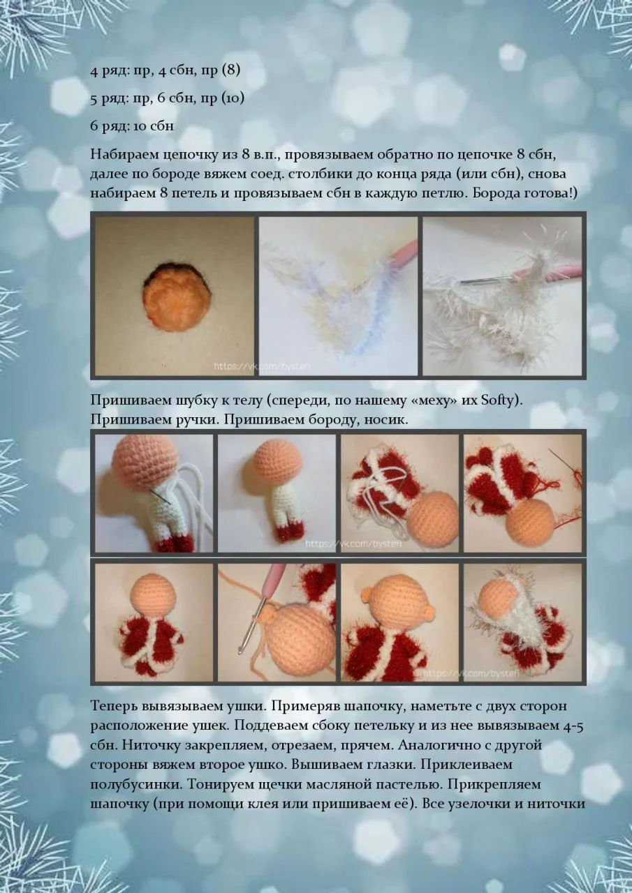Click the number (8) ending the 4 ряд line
pyautogui.click(x=231, y=70)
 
